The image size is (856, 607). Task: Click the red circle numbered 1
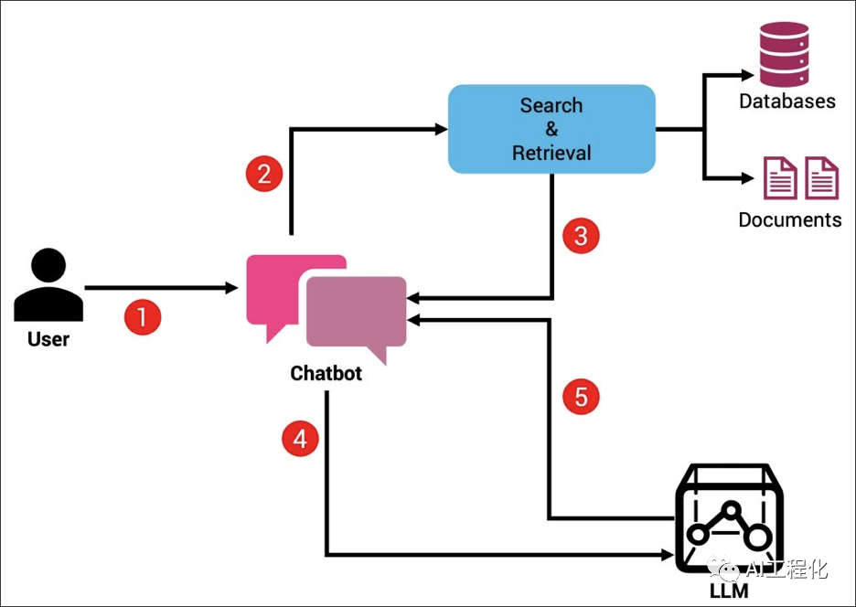point(142,318)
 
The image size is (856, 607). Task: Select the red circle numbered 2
point(263,174)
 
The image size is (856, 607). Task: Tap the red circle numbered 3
point(580,236)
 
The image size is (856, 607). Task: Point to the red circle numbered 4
point(299,440)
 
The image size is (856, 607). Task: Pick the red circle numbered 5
point(580,398)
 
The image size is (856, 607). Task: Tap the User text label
point(48,340)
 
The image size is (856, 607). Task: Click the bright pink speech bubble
point(274,288)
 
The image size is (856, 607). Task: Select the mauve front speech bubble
point(357,315)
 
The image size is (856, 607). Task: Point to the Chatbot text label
point(326,374)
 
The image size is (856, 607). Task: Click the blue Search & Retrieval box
point(551,129)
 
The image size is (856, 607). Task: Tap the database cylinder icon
point(785,54)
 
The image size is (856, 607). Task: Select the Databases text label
point(786,101)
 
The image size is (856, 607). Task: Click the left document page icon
point(780,177)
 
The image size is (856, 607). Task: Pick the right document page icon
point(821,177)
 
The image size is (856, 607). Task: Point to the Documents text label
point(789,220)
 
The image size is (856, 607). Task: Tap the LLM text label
point(728,591)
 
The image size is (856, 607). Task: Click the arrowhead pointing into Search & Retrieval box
point(441,130)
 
